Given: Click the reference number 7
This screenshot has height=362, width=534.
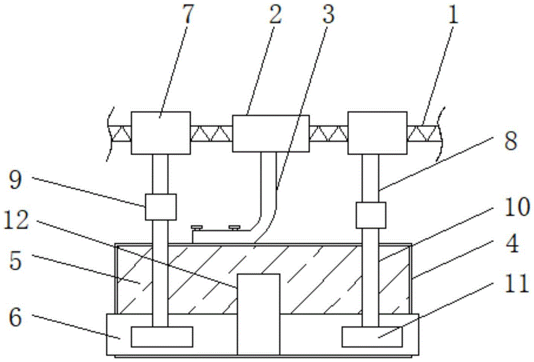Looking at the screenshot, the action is click(188, 14).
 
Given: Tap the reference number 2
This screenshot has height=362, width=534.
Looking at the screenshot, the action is click(275, 14).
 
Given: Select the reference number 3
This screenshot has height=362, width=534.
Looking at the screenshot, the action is click(328, 14).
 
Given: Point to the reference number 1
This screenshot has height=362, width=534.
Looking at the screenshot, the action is click(453, 14).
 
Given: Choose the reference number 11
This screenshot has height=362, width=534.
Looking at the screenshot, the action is click(516, 283).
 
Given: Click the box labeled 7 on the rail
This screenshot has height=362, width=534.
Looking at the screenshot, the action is click(161, 133).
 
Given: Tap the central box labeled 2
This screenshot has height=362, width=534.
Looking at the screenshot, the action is click(271, 133).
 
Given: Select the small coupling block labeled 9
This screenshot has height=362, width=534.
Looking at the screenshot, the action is click(161, 207).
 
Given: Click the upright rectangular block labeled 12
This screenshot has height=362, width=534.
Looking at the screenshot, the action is click(258, 315).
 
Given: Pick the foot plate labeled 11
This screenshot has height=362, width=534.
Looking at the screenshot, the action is click(372, 337).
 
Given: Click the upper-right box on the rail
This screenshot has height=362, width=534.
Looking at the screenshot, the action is click(378, 133).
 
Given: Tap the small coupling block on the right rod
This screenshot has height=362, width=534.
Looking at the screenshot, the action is click(371, 215).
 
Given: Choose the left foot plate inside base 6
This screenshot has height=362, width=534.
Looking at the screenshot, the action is click(162, 337).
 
